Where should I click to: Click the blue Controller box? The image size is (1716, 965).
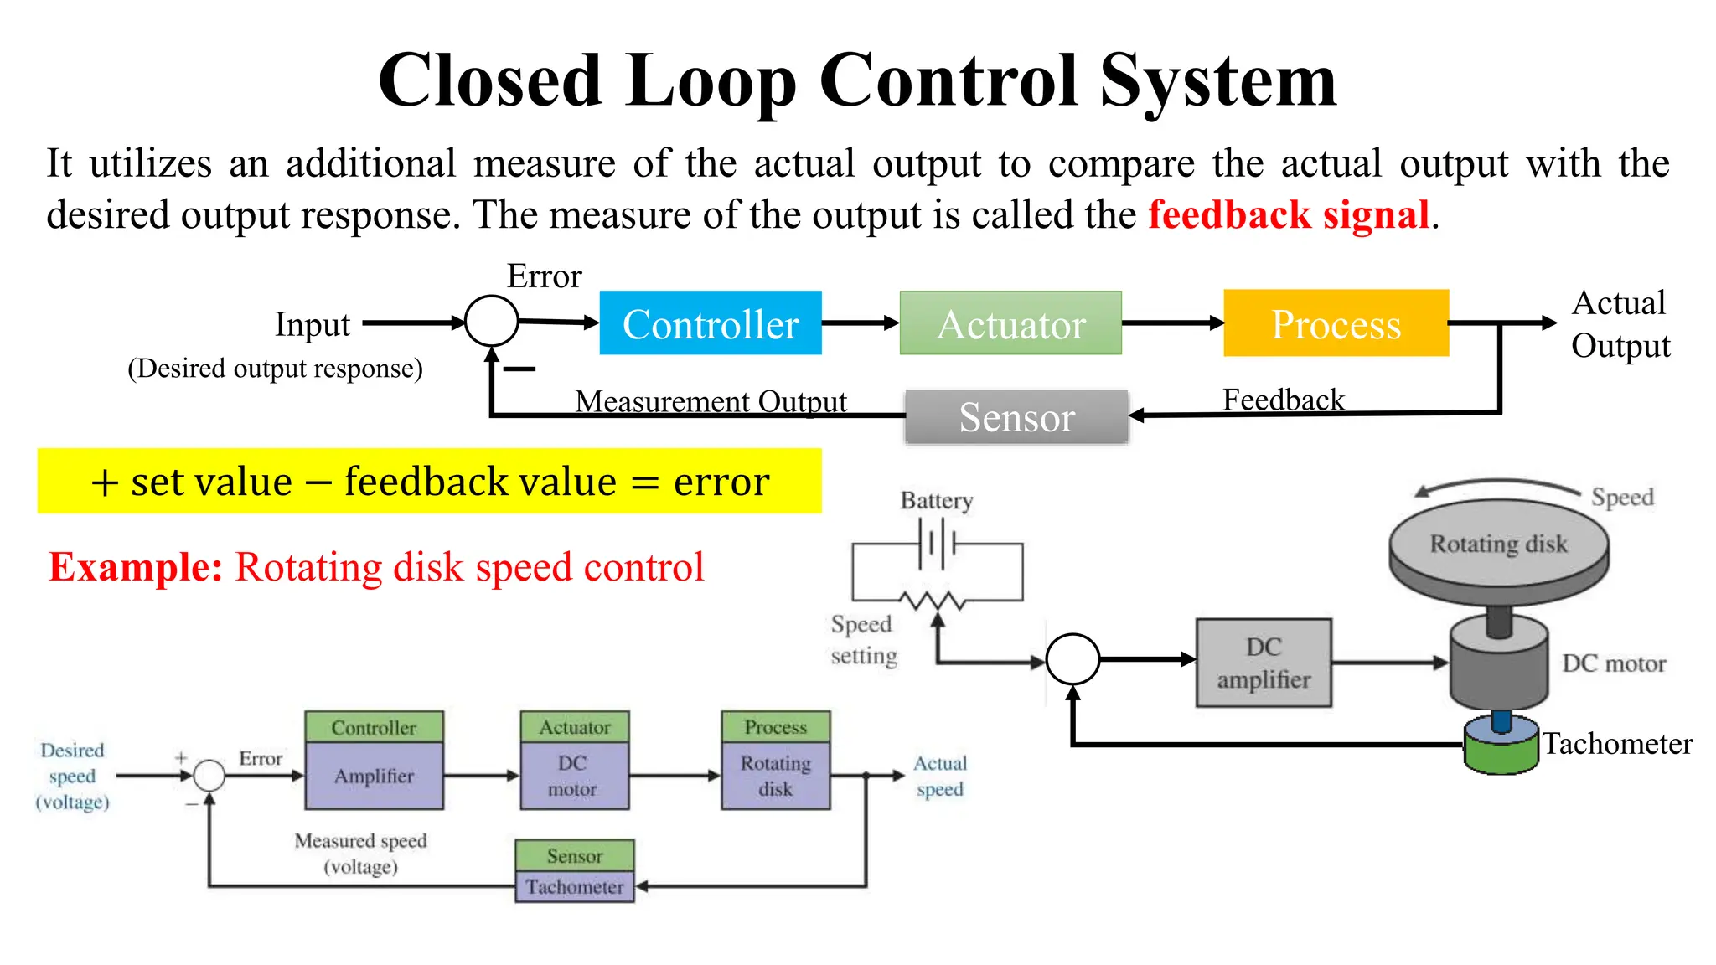711,323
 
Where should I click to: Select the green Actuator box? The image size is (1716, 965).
1010,323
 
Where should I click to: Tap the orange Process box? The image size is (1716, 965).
1336,323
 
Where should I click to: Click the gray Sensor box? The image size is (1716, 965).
1016,417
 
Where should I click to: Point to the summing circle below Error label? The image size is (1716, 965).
491,321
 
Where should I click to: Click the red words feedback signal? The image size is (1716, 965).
1289,214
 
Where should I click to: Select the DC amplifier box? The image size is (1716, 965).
1264,663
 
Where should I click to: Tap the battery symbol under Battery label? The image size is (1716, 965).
938,544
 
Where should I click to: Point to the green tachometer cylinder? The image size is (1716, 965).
1501,750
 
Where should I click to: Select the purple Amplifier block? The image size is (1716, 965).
374,776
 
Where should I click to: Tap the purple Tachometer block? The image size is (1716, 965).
575,886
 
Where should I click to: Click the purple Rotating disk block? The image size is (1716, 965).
776,776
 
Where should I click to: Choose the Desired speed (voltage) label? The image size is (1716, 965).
73,776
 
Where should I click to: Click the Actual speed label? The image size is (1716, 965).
939,776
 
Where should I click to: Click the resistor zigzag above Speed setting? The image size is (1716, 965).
932,600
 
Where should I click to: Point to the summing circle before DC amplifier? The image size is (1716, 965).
1072,659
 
